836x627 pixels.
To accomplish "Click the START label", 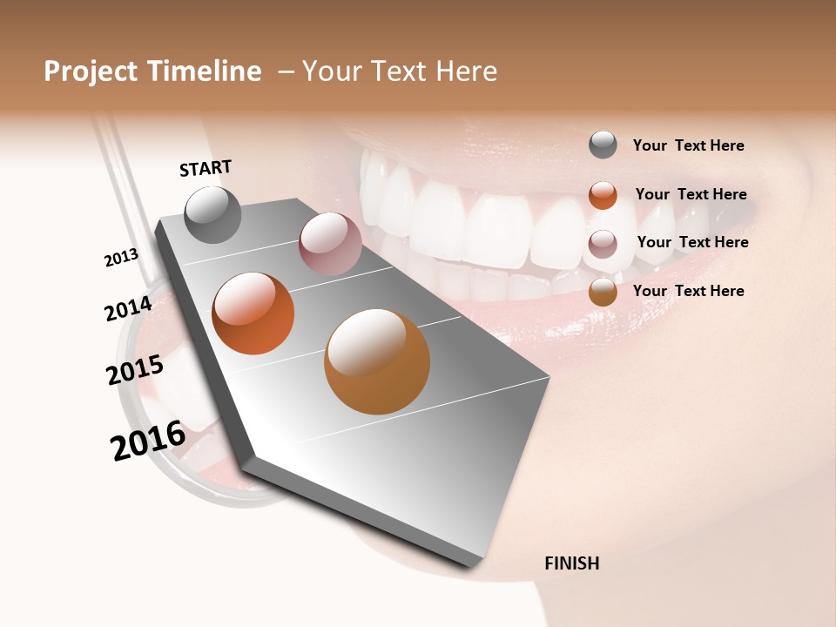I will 206,168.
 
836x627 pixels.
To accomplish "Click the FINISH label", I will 571,563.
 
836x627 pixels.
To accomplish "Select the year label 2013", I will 122,258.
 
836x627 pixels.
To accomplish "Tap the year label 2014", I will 129,308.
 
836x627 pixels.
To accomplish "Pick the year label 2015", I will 135,369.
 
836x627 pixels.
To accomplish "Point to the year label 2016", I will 148,440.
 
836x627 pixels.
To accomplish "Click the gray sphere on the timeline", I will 212,215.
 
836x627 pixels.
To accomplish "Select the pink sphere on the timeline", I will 330,244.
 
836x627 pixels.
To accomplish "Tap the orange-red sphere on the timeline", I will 253,313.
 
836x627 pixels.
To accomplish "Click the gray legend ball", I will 603,145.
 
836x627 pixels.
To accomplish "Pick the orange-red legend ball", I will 603,195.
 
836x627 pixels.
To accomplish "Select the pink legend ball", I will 603,244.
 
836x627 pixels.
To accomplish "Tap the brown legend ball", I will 603,293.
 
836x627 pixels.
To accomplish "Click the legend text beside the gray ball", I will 688,145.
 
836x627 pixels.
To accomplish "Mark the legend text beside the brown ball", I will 688,291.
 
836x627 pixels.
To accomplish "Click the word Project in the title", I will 91,71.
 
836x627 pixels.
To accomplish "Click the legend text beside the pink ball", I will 692,242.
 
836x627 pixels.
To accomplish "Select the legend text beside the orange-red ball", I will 691,194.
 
